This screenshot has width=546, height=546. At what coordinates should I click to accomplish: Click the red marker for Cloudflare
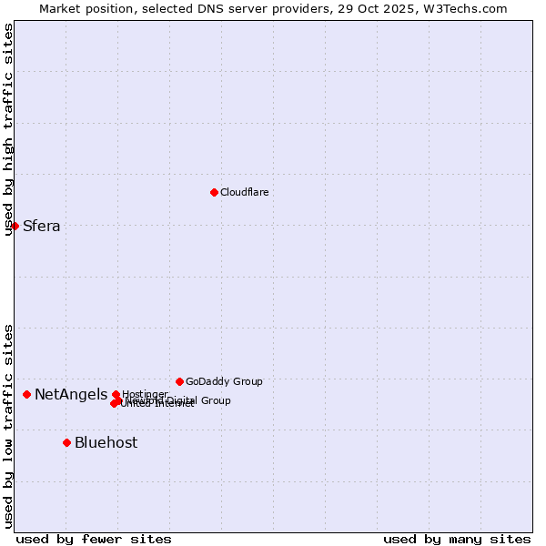tap(214, 192)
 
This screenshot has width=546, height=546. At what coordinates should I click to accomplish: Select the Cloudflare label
tap(244, 192)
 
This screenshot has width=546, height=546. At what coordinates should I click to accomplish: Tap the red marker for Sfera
tap(15, 226)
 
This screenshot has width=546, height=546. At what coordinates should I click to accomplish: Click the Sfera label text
tap(41, 227)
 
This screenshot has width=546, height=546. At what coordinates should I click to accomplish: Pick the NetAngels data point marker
tap(27, 394)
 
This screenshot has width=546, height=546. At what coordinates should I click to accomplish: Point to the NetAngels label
tap(70, 395)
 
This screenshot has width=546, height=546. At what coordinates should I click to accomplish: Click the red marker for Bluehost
tap(66, 442)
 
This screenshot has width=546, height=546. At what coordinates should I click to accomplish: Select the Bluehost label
tap(106, 443)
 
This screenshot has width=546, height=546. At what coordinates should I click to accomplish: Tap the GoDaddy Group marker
tap(179, 381)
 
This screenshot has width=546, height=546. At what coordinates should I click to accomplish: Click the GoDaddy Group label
tap(224, 381)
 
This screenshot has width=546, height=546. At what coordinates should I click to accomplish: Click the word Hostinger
tap(145, 394)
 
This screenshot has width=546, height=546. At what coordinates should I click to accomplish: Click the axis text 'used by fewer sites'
tap(94, 539)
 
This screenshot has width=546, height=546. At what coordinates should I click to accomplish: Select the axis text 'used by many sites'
tap(457, 539)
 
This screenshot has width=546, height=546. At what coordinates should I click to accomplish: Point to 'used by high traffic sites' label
tap(8, 129)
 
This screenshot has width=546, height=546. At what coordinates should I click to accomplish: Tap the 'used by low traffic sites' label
tap(8, 426)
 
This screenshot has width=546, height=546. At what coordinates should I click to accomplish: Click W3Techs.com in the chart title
tap(468, 8)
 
